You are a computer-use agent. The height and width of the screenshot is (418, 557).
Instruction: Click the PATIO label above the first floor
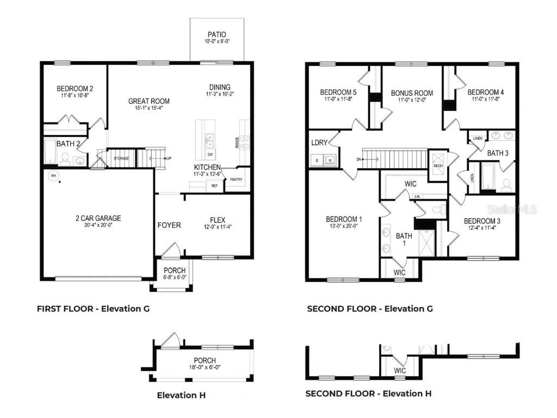(216, 35)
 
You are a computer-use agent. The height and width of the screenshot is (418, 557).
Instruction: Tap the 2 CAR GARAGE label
(98, 218)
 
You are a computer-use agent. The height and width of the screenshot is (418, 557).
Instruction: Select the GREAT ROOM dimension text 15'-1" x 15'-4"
(148, 108)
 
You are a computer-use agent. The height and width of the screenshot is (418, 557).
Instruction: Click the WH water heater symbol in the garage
(53, 176)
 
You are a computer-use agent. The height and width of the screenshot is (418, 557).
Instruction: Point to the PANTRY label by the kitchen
(236, 179)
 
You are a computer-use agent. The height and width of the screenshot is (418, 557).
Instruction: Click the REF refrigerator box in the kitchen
(215, 186)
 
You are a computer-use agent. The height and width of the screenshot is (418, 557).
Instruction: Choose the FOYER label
(169, 225)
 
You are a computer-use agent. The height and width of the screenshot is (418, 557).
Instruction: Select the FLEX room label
(218, 220)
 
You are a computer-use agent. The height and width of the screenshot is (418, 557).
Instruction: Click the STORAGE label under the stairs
(121, 158)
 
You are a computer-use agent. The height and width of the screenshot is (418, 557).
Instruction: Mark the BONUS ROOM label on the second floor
(412, 93)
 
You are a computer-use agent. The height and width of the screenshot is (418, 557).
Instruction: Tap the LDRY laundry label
(319, 143)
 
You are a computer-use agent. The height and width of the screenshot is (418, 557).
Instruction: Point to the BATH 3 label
(497, 153)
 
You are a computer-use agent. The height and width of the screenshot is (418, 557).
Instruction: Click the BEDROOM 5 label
(338, 92)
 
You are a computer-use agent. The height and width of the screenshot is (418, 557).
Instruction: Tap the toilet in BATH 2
(64, 158)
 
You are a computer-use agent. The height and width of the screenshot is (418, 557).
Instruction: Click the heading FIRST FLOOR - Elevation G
(93, 309)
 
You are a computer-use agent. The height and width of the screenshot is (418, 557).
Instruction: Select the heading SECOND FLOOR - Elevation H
(368, 394)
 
